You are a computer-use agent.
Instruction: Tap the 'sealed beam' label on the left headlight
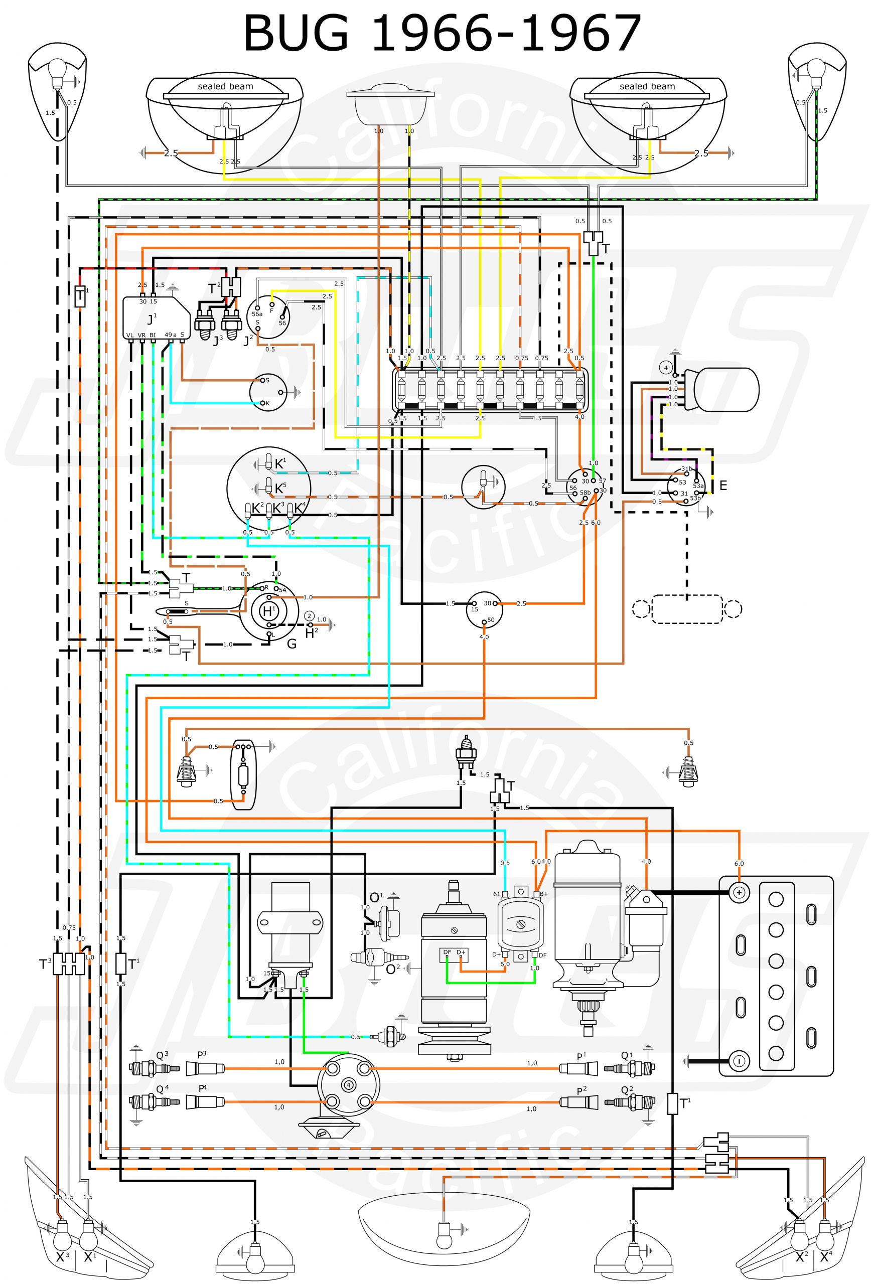225,86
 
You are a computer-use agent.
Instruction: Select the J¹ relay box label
152,319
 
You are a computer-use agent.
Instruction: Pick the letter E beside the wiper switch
723,486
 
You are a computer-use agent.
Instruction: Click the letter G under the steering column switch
292,643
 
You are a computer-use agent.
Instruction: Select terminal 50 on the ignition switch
484,621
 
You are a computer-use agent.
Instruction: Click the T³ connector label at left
45,964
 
